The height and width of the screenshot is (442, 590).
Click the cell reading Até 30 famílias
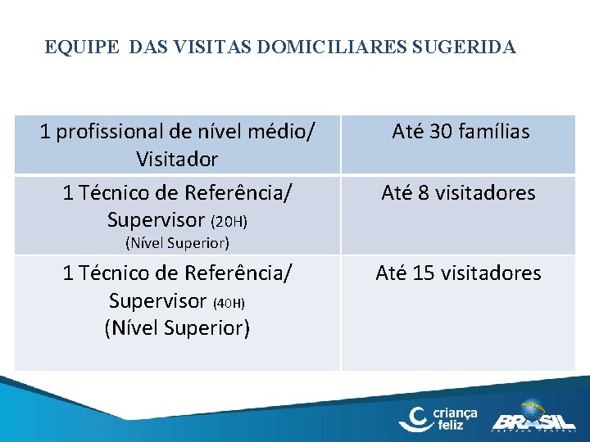click(461, 131)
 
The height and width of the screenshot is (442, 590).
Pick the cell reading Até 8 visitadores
click(458, 193)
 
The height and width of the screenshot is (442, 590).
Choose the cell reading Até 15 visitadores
click(458, 273)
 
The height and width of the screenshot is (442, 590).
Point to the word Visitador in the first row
click(177, 157)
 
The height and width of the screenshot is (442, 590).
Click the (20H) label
click(229, 222)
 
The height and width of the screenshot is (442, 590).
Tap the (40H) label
click(229, 303)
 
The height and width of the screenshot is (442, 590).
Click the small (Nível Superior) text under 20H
click(177, 243)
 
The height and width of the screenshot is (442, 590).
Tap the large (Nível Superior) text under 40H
click(177, 327)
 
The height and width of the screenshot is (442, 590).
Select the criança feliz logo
click(438, 417)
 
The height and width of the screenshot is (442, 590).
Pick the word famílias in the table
click(495, 131)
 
